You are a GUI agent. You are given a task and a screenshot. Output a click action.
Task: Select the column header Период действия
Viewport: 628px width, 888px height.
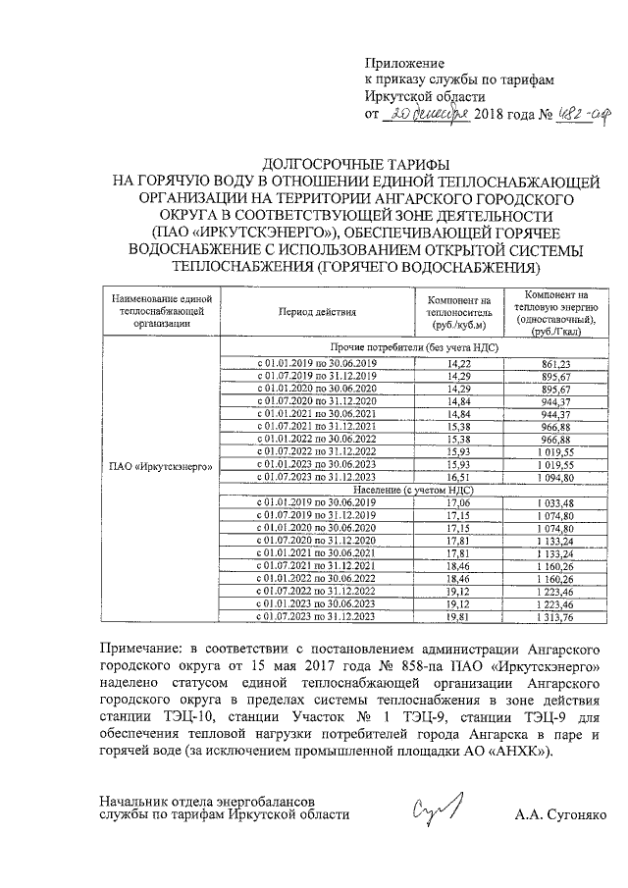pos(317,311)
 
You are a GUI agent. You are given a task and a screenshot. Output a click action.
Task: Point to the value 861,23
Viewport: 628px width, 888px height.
pos(555,362)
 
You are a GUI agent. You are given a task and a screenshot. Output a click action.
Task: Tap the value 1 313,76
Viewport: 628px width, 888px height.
pos(555,616)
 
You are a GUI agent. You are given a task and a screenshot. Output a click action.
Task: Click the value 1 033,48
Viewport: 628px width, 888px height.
pos(555,502)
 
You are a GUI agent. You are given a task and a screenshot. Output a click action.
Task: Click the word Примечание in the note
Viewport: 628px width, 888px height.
pos(153,648)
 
